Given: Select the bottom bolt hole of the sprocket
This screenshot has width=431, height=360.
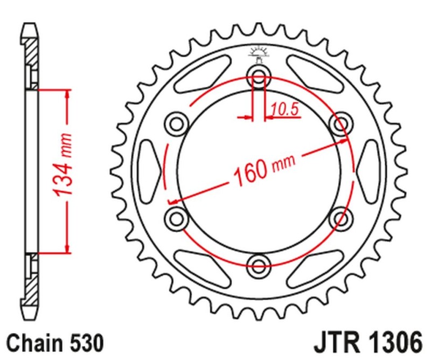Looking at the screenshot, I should tap(259, 264).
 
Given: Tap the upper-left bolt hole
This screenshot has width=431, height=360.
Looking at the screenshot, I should tap(176, 123).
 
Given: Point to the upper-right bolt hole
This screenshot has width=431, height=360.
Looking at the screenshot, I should tap(340, 123).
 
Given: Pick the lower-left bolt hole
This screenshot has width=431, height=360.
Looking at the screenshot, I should tap(176, 217).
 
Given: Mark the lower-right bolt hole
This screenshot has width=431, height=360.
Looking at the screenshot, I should tap(340, 217).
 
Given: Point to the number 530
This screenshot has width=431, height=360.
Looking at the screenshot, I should tap(86, 343).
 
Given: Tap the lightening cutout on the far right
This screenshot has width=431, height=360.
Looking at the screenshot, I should tap(367, 169).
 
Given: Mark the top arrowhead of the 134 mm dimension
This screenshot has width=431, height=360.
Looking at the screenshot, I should tap(67, 95).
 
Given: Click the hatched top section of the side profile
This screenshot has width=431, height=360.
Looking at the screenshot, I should tap(32, 57).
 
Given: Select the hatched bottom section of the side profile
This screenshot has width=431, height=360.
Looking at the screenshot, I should tap(32, 283).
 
